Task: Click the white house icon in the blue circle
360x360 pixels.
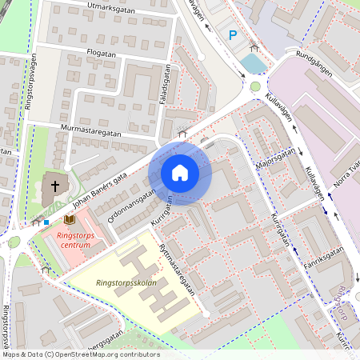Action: (x=180, y=173)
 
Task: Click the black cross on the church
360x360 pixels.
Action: (x=55, y=186)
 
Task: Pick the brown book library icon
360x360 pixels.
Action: (x=70, y=218)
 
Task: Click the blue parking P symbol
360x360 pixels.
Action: (x=233, y=34)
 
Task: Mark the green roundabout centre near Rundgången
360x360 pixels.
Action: (x=255, y=86)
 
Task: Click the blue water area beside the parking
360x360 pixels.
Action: (x=251, y=62)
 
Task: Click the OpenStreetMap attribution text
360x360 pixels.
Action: (x=80, y=354)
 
